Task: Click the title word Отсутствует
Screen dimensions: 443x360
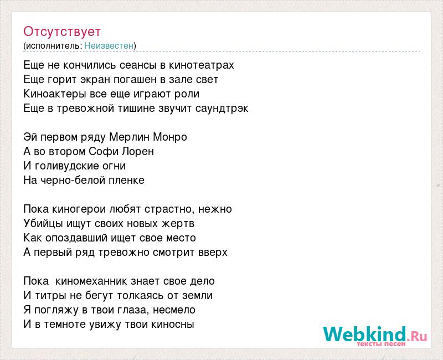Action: [x=62, y=32]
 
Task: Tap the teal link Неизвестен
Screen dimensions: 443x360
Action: [x=109, y=45]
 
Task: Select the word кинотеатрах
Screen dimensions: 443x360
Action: [x=202, y=65]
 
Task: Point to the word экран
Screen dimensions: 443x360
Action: [x=95, y=80]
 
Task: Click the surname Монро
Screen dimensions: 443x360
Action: [x=170, y=137]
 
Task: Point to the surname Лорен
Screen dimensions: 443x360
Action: [x=138, y=152]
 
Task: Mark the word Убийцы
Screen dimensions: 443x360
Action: [x=43, y=224]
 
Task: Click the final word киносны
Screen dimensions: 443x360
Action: [x=173, y=325]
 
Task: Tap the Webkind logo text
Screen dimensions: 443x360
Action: [x=375, y=335]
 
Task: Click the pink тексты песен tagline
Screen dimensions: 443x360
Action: [x=381, y=344]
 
